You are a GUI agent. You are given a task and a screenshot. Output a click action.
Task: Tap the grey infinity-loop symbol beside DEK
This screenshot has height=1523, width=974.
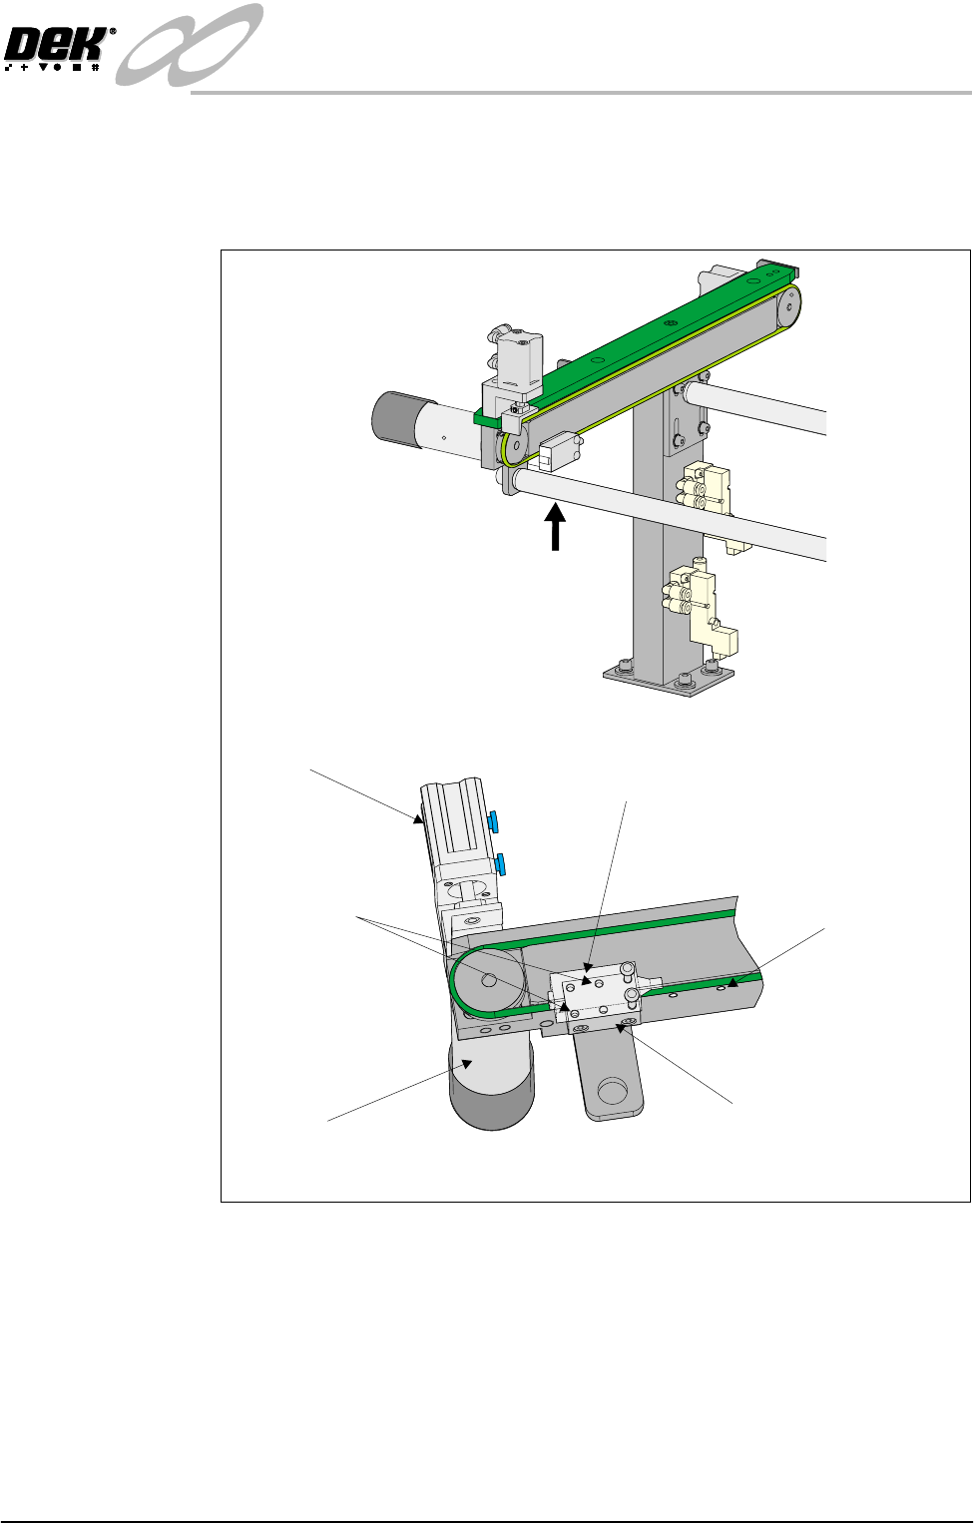pos(189,45)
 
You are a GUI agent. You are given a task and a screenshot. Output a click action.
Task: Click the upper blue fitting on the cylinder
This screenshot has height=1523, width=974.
pos(493,820)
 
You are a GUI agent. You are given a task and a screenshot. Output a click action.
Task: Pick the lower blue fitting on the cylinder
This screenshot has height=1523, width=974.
pos(500,865)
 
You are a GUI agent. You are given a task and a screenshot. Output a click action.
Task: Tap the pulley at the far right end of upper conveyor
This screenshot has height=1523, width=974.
pos(787,310)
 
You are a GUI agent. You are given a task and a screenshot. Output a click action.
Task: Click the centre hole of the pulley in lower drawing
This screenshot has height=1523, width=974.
pos(487,980)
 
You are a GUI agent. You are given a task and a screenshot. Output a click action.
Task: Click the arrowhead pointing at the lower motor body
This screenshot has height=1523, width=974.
pos(467,1064)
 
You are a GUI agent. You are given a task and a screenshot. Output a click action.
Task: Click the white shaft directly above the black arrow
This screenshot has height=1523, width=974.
pos(670,513)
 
